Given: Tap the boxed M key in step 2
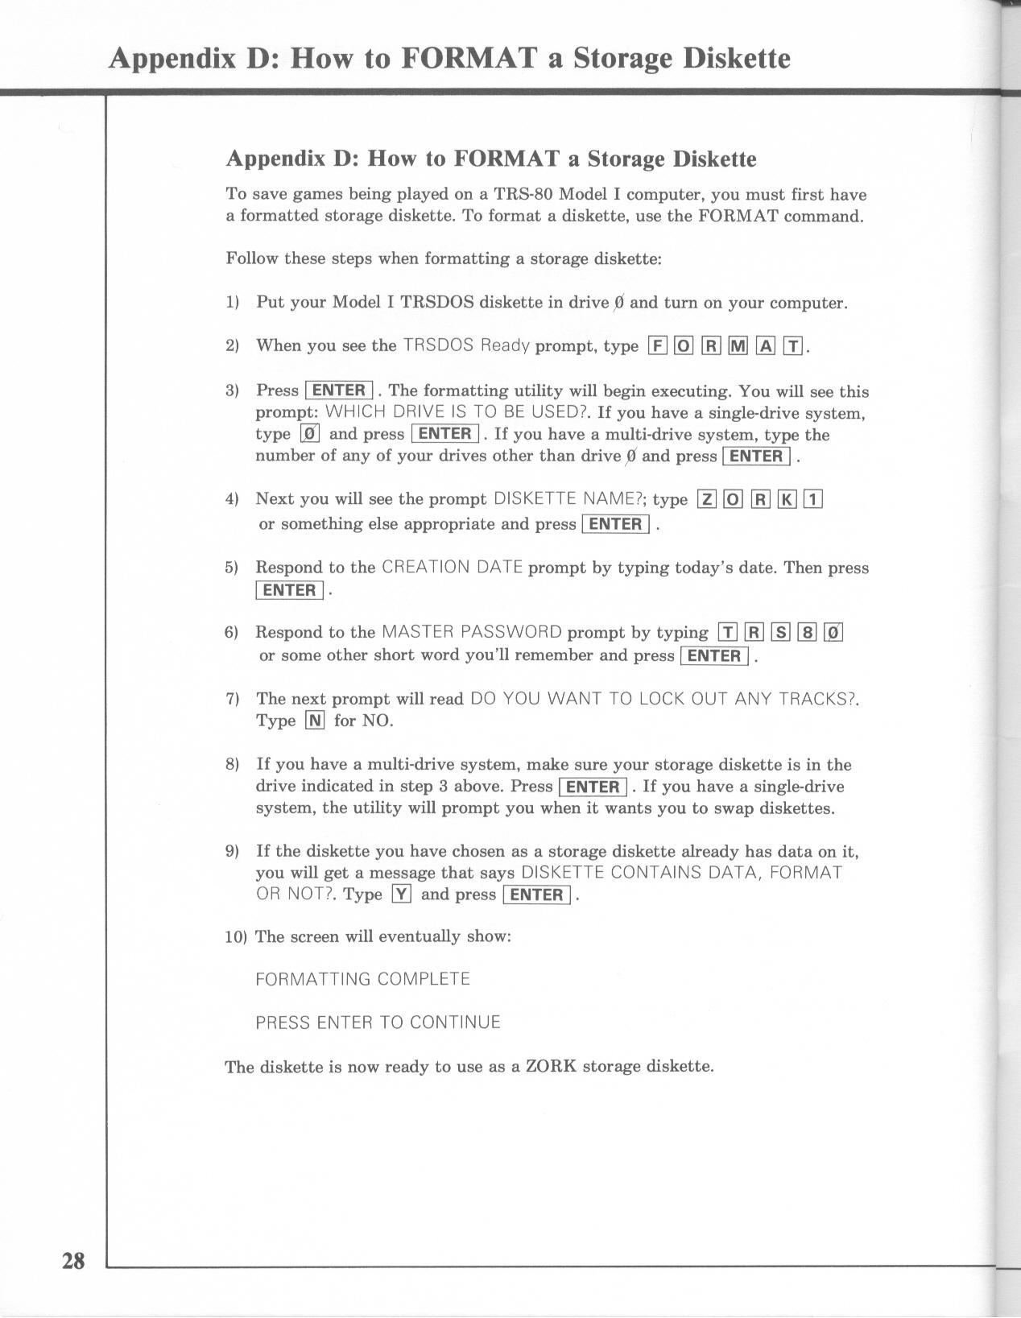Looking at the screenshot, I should pos(738,346).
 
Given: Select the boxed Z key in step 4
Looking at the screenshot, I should pos(706,500).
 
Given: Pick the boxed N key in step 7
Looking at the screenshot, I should pos(315,721).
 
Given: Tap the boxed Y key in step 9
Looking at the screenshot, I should pos(401,895).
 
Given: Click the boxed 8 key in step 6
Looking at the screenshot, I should pos(807,633).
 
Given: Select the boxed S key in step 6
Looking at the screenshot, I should pos(780,633).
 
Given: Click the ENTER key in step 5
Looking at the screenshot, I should pos(290,590).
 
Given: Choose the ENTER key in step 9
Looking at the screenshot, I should pos(536,895).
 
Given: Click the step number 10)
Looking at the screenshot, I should pos(236,937).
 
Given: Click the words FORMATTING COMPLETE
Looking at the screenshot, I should pos(362,980).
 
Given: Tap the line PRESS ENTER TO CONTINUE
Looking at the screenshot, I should pos(378,1023).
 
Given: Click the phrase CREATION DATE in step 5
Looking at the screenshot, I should pos(452,568).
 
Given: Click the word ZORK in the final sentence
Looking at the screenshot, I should pos(551,1067).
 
